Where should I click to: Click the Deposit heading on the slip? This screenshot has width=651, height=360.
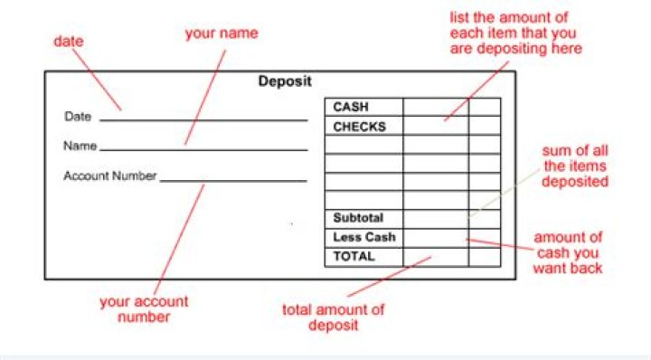tap(285, 81)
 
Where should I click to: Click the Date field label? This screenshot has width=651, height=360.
tap(78, 118)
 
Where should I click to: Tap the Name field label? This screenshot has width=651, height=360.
tap(80, 146)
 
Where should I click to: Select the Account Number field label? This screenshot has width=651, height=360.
tap(109, 176)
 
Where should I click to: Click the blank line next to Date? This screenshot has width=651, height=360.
tap(203, 118)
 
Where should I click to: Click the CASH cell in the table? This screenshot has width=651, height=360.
tap(351, 108)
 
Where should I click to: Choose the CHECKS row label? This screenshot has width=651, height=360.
tap(359, 127)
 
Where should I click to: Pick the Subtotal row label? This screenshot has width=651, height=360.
tap(358, 218)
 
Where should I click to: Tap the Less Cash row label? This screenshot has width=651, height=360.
tap(363, 238)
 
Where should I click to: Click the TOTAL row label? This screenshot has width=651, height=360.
tap(354, 257)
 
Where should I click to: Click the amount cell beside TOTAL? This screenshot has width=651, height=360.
tap(436, 257)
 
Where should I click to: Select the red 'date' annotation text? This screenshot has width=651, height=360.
tap(68, 42)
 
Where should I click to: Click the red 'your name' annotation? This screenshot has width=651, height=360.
tap(222, 33)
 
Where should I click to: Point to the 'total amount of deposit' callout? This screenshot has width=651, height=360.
tap(333, 317)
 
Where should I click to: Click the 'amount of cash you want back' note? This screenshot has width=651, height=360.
tap(569, 252)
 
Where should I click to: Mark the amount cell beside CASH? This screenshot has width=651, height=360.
tap(436, 108)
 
